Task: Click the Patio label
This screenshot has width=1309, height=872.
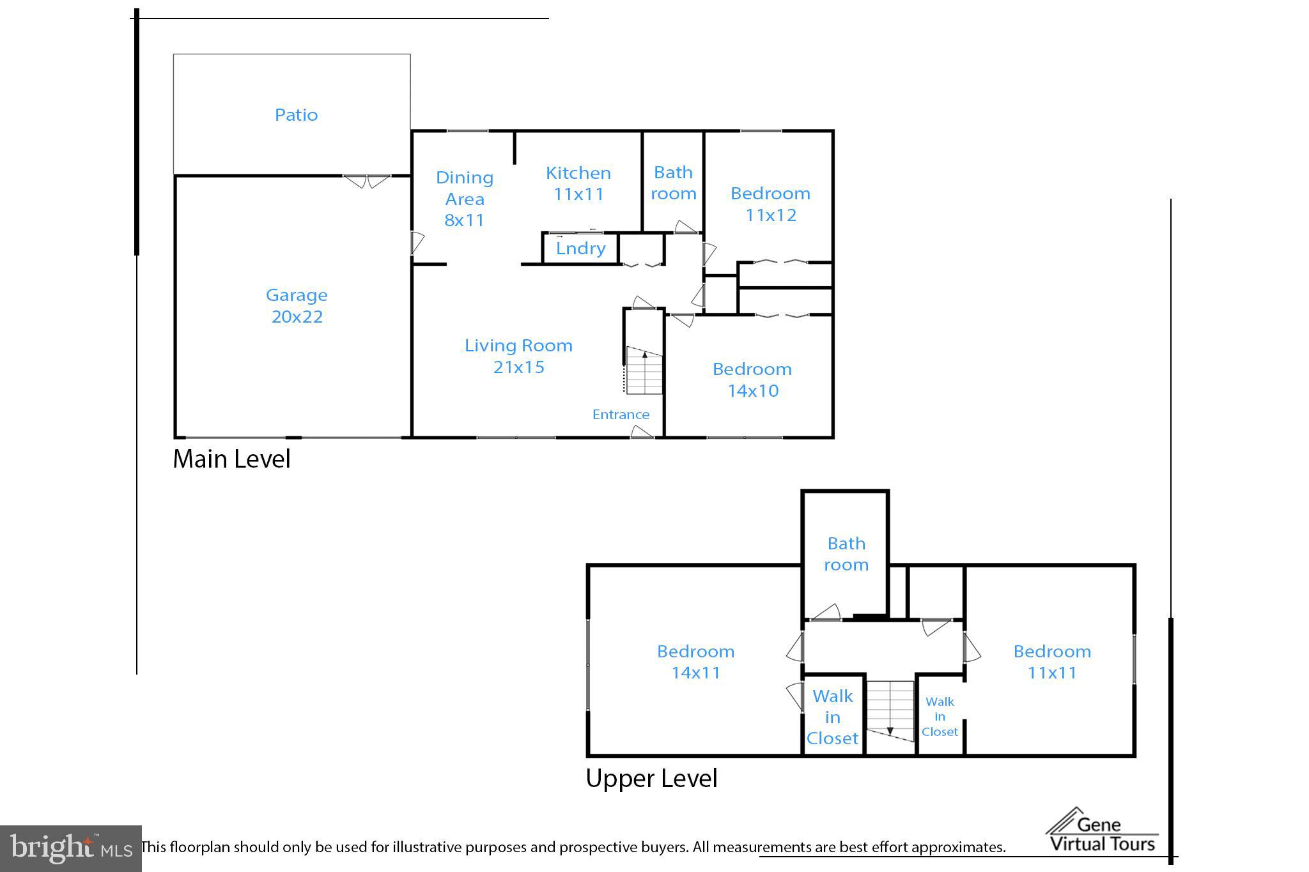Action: [296, 115]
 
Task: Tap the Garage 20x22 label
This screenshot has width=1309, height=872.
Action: [297, 305]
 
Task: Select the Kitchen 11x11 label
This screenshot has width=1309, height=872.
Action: [578, 183]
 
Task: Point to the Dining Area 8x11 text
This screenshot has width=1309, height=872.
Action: [465, 199]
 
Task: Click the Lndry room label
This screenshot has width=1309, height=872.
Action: [580, 248]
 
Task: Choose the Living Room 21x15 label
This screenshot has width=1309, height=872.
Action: [518, 356]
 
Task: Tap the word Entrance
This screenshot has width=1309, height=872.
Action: [621, 415]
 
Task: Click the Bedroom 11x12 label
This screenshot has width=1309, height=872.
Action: [770, 204]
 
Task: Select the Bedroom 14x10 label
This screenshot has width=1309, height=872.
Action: [752, 379]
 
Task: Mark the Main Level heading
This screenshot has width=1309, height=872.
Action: [231, 459]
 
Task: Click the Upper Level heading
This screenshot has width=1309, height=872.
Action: [651, 778]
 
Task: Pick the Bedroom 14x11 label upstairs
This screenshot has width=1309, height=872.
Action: [695, 662]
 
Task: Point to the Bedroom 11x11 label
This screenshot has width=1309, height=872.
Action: [1052, 662]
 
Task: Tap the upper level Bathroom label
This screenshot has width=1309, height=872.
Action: [846, 554]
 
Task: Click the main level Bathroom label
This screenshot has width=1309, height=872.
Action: [674, 183]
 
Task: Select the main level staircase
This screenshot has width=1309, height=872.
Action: [644, 371]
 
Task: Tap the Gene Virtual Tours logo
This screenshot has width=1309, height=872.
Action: [1102, 830]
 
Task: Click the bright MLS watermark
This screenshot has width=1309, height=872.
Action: [70, 848]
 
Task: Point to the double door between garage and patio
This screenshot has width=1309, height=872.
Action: [367, 181]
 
